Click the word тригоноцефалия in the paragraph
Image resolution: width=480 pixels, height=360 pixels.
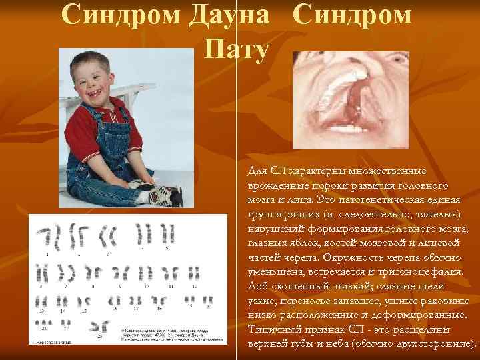tap(415, 273)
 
